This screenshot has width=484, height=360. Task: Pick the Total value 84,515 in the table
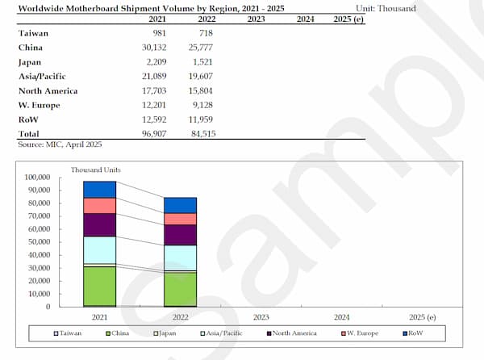pyautogui.click(x=202, y=133)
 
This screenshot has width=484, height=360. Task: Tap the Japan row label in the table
pyautogui.click(x=30, y=61)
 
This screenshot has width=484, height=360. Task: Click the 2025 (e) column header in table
pyautogui.click(x=348, y=19)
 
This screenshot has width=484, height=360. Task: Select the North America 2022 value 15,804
pyautogui.click(x=202, y=90)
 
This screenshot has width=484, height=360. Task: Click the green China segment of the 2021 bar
pyautogui.click(x=101, y=286)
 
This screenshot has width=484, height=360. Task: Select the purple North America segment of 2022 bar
pyautogui.click(x=181, y=235)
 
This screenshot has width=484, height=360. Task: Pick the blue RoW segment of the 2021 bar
pyautogui.click(x=101, y=190)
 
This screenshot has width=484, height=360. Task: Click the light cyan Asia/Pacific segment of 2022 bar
pyautogui.click(x=181, y=257)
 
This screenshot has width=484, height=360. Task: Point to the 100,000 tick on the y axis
pyautogui.click(x=37, y=178)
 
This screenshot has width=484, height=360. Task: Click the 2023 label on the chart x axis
pyautogui.click(x=261, y=317)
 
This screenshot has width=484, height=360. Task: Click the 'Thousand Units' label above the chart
pyautogui.click(x=95, y=170)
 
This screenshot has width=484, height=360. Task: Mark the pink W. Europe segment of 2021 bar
pyautogui.click(x=101, y=206)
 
